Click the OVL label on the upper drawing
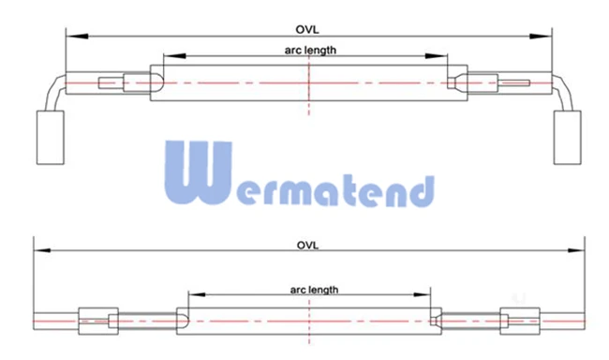[x=306, y=30]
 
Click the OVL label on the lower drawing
[x=307, y=246]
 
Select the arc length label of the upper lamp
[x=310, y=50]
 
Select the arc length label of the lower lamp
[x=314, y=290]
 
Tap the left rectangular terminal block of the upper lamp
[x=51, y=137]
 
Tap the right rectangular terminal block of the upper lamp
[x=567, y=137]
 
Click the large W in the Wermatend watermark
[x=198, y=172]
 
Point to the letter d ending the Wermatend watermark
[x=422, y=191]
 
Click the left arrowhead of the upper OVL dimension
[x=77, y=37]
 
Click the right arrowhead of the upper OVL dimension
[x=541, y=37]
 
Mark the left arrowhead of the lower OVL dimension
[x=42, y=250]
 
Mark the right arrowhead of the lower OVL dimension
[x=576, y=250]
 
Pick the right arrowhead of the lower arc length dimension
[x=422, y=294]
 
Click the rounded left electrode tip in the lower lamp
[x=183, y=322]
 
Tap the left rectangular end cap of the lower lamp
[x=98, y=322]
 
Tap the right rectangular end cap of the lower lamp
[x=520, y=322]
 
